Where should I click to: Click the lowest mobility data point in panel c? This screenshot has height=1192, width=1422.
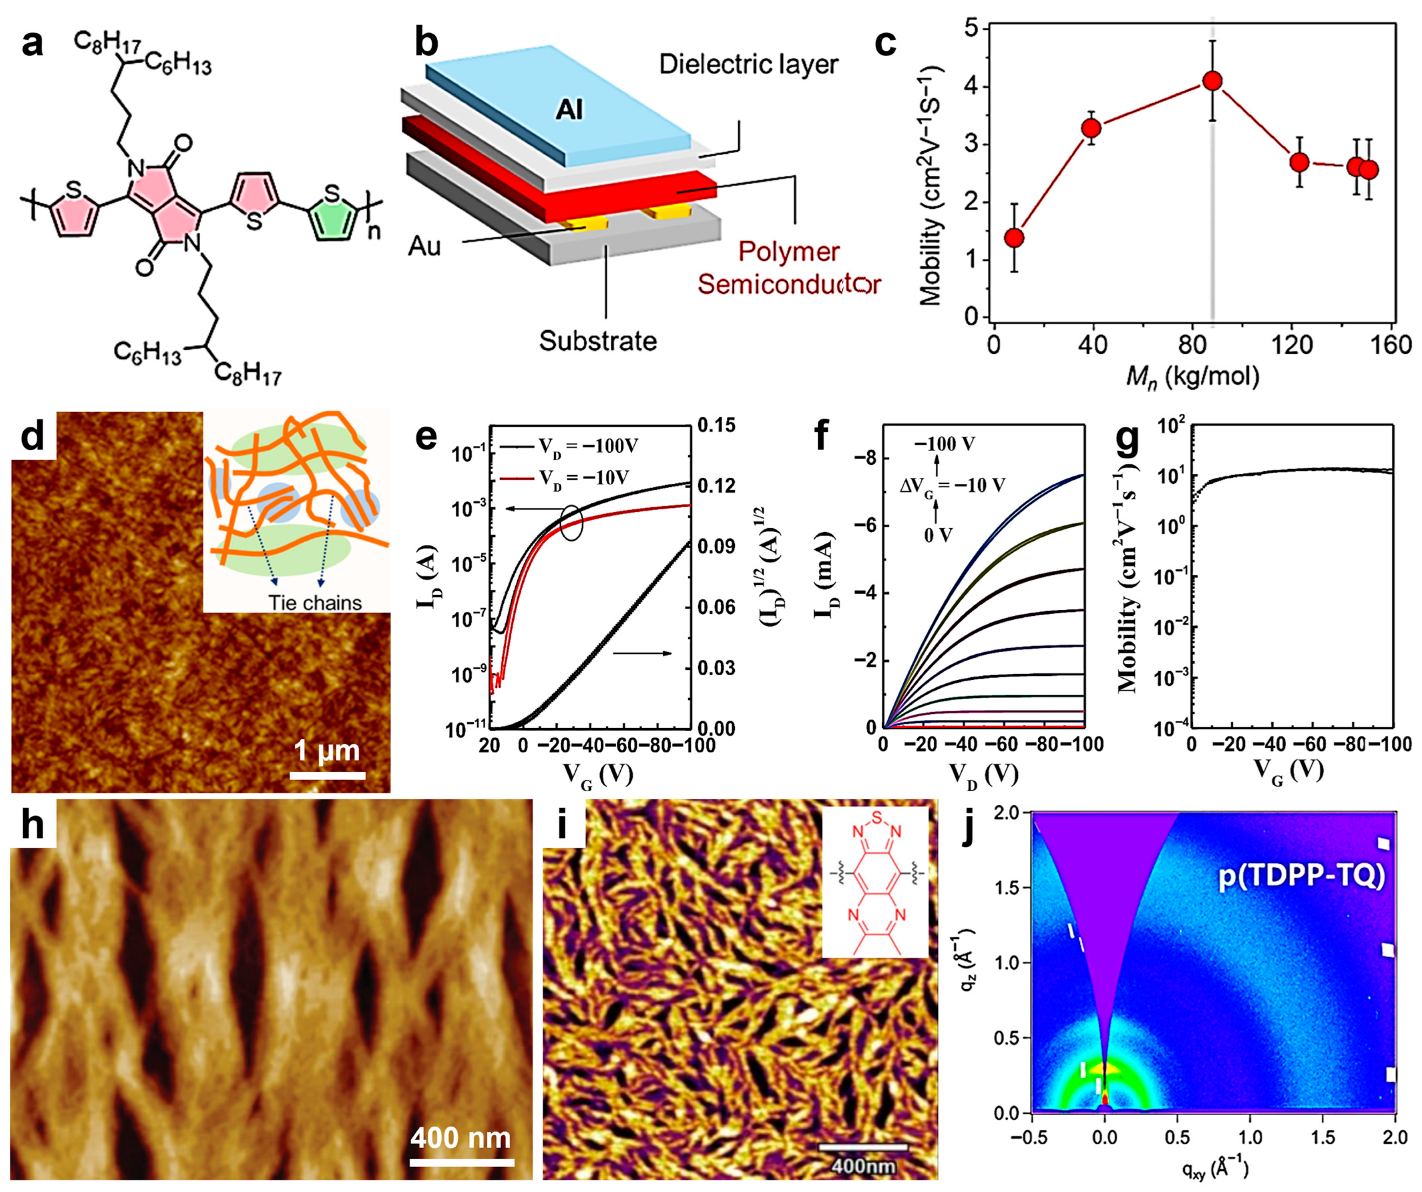1014,238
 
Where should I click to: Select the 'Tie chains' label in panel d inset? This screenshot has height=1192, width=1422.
315,602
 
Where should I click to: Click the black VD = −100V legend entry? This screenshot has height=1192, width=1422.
569,446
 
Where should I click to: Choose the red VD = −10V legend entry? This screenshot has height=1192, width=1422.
569,478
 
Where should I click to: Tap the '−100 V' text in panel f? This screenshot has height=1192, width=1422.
945,444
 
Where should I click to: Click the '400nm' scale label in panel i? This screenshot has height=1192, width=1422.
863,1166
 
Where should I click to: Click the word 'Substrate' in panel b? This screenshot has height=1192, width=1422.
597,341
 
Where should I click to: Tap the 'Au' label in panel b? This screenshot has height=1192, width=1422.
425,246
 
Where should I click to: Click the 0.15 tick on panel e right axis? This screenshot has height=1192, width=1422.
716,425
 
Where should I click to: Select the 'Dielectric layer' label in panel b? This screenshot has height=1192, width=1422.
748,64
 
